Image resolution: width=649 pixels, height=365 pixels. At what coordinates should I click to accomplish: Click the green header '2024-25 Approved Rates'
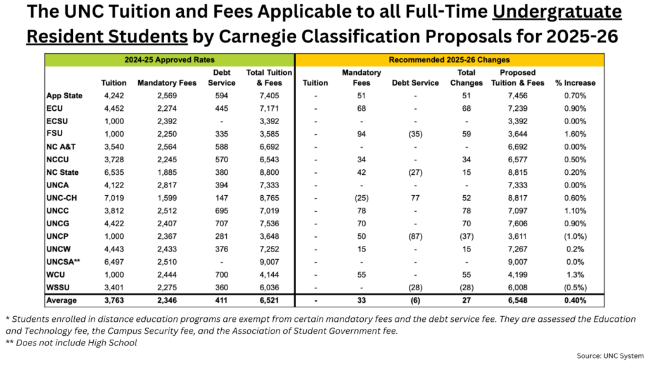click(169, 60)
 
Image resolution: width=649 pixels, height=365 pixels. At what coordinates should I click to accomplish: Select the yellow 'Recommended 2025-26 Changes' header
click(449, 60)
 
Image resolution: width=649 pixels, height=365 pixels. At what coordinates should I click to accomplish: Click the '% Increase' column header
click(575, 82)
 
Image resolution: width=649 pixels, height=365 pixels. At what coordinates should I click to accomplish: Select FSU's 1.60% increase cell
click(575, 134)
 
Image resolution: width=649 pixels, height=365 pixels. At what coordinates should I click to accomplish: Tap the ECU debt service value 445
click(222, 108)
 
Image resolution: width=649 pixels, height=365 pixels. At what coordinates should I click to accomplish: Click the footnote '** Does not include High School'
click(71, 343)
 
